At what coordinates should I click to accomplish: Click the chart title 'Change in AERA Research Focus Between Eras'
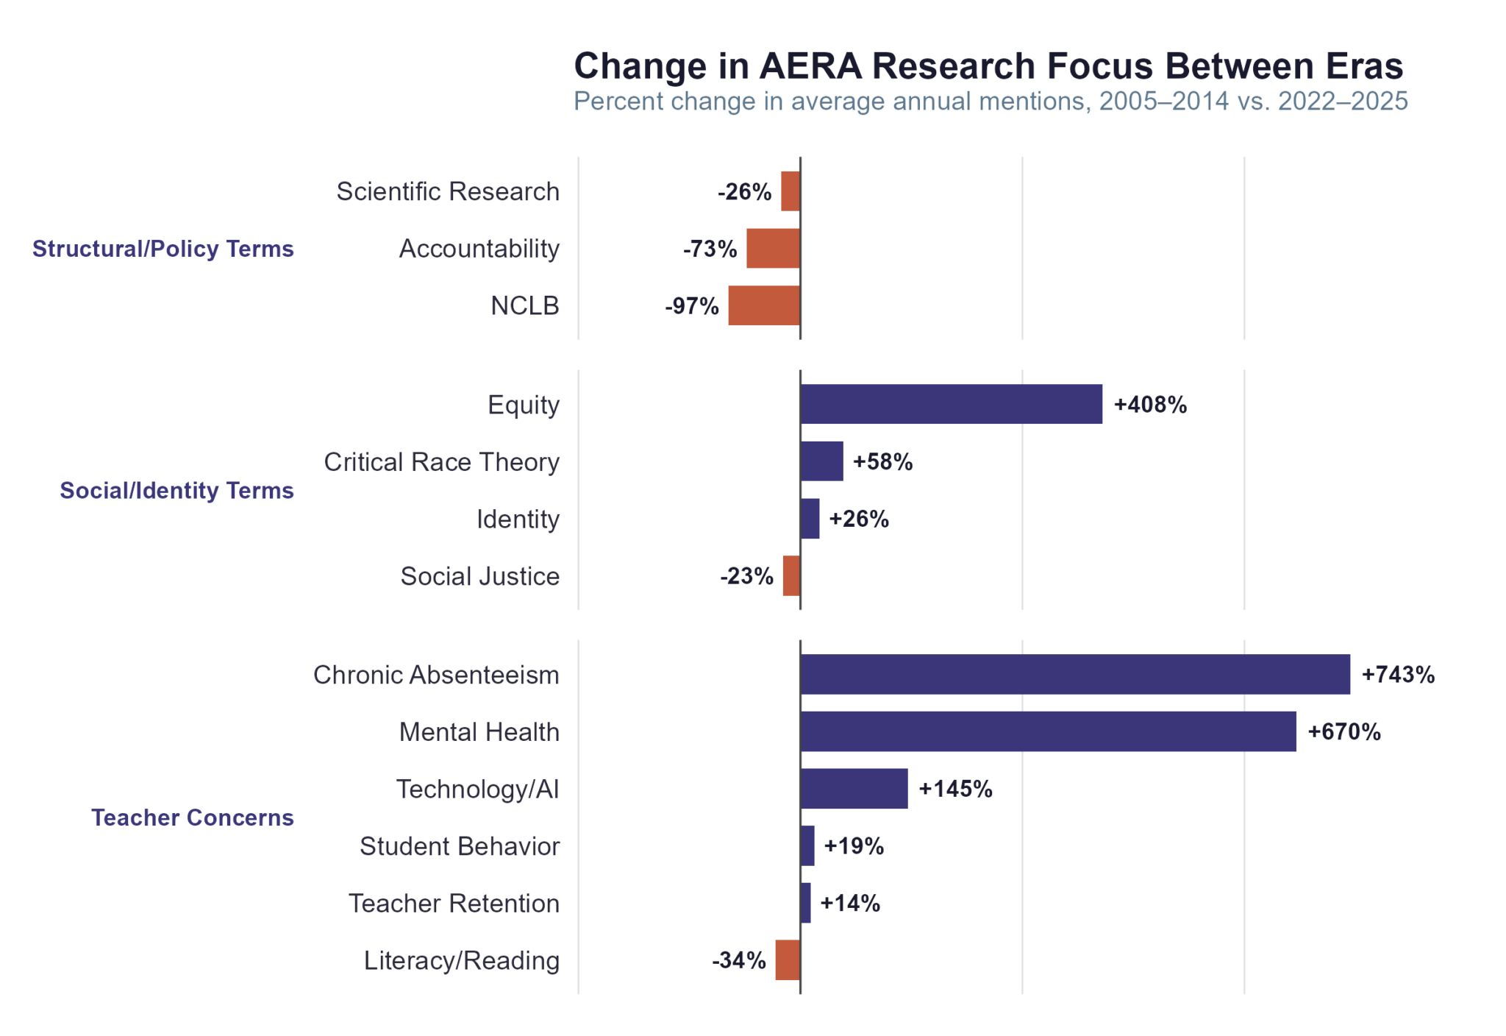[x=988, y=66]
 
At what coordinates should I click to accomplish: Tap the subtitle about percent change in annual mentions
[x=990, y=101]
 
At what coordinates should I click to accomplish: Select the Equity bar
[x=951, y=404]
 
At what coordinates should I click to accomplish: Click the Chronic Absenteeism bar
[x=1074, y=674]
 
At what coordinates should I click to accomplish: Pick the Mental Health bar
[x=1048, y=731]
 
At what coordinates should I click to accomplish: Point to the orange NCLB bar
[x=764, y=305]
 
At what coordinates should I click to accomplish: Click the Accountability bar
[x=773, y=248]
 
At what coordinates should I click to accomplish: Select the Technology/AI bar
[x=854, y=789]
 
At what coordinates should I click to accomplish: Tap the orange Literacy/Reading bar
[x=788, y=959]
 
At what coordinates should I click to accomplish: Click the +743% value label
[x=1398, y=675]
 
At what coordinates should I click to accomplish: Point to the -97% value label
[x=691, y=306]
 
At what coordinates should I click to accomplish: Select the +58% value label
[x=882, y=462]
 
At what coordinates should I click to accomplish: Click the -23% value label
[x=746, y=576]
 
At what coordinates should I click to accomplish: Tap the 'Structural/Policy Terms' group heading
[x=163, y=249]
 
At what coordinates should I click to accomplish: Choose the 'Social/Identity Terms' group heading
[x=176, y=490]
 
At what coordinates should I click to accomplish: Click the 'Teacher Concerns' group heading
[x=192, y=817]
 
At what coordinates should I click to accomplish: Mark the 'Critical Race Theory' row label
[x=441, y=462]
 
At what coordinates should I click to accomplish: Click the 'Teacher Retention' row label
[x=454, y=903]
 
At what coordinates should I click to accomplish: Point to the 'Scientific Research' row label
[x=448, y=191]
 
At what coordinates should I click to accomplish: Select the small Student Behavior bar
[x=807, y=845]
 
